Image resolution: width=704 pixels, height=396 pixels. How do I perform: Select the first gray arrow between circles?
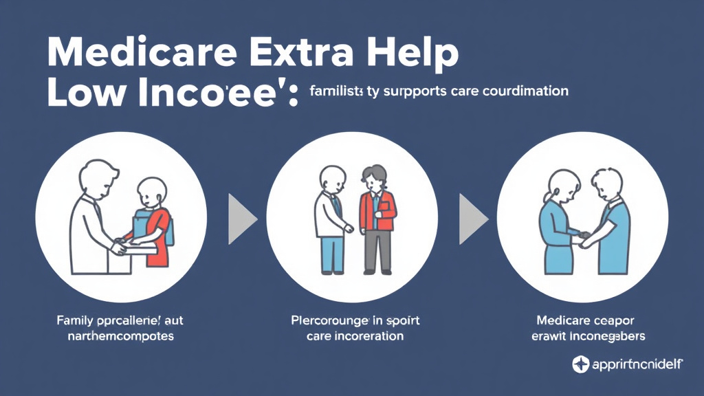(x=241, y=219)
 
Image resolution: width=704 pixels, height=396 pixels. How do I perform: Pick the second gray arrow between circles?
(x=473, y=219)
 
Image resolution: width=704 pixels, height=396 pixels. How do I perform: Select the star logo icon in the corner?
(x=581, y=364)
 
